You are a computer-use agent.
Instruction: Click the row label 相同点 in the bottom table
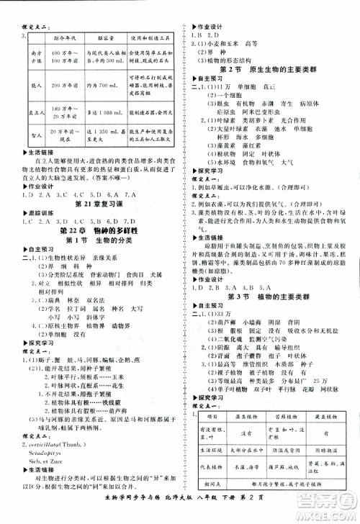(207, 502)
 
